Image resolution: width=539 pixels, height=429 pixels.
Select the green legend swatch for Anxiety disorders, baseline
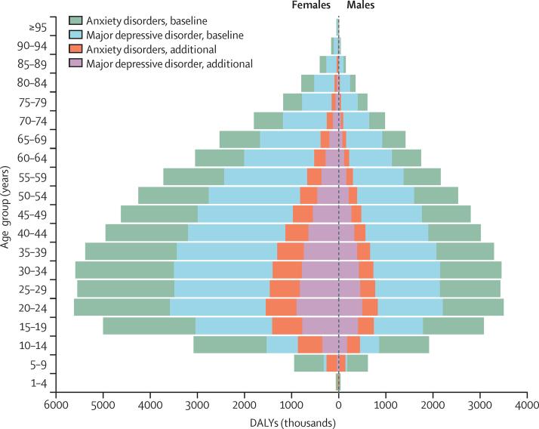pyautogui.click(x=75, y=20)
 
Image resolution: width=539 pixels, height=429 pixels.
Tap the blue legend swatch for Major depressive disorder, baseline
pyautogui.click(x=75, y=34)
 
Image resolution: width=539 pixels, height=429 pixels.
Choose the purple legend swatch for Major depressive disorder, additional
pyautogui.click(x=75, y=63)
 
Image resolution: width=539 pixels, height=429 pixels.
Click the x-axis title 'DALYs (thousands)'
pyautogui.click(x=291, y=421)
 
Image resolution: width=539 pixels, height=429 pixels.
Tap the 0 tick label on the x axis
pyautogui.click(x=339, y=406)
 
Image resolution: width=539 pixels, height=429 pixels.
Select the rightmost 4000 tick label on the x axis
pyautogui.click(x=526, y=406)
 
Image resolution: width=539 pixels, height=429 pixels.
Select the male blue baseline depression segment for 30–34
pyautogui.click(x=406, y=270)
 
